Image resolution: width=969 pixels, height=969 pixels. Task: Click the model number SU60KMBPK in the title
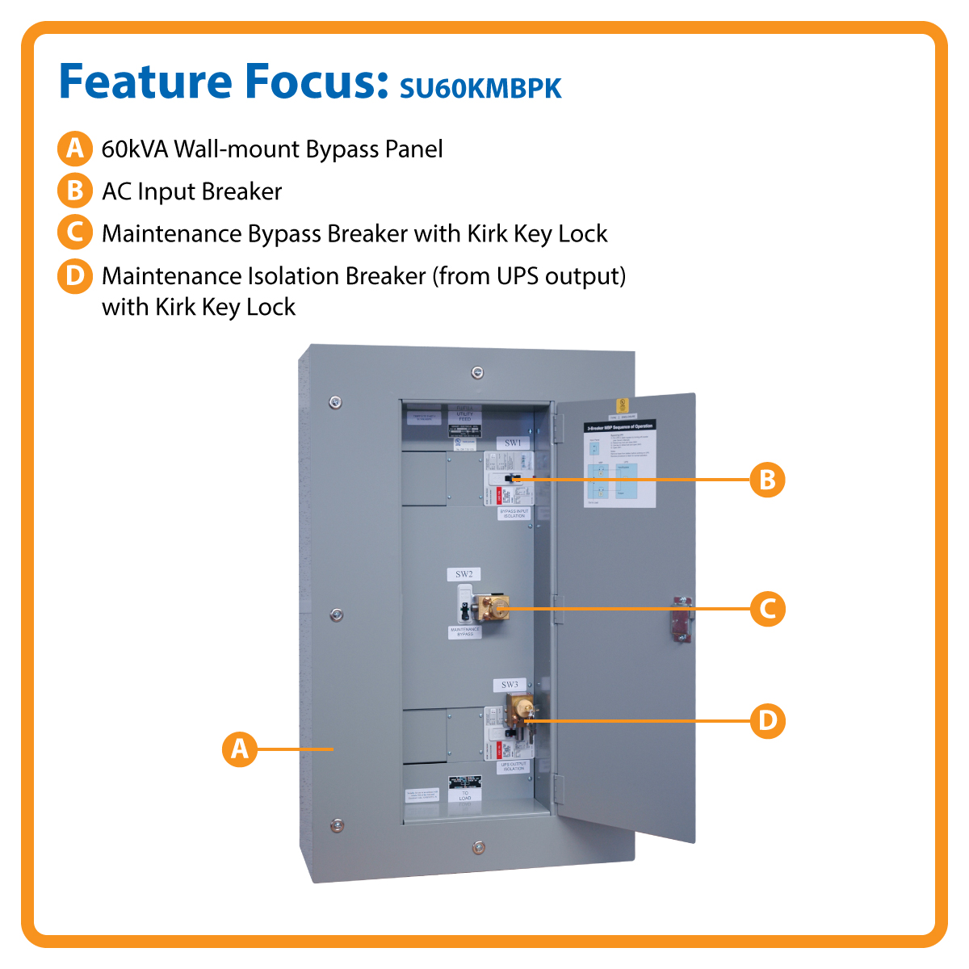480,88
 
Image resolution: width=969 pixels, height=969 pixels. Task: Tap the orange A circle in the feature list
74,149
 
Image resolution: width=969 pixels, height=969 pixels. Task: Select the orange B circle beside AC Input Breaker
74,191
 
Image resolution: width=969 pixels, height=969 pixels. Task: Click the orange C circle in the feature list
74,233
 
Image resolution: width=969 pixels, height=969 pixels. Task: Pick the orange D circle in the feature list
74,276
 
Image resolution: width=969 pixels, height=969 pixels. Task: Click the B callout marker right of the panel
767,480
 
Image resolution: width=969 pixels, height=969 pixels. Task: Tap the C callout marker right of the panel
767,608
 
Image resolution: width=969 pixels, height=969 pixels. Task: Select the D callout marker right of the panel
767,720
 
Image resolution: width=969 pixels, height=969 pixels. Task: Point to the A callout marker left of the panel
240,749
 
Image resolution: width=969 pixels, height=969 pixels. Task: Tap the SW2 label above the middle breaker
464,574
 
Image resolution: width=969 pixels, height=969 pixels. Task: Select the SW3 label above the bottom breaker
510,685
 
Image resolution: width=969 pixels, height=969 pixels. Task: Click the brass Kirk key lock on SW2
492,607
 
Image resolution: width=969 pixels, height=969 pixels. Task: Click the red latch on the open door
681,619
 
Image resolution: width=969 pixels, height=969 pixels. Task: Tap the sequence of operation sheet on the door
619,464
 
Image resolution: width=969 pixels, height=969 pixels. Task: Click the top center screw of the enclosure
477,372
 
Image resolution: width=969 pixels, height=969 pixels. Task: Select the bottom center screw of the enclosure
478,847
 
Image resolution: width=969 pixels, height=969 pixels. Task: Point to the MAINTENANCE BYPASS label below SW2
465,631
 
